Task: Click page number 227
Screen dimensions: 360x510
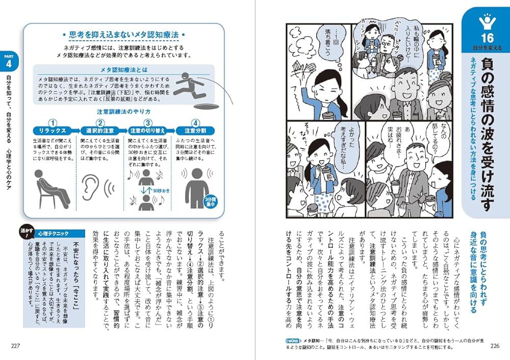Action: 16,346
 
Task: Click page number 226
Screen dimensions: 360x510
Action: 494,346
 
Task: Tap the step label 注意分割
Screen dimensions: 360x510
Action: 195,131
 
